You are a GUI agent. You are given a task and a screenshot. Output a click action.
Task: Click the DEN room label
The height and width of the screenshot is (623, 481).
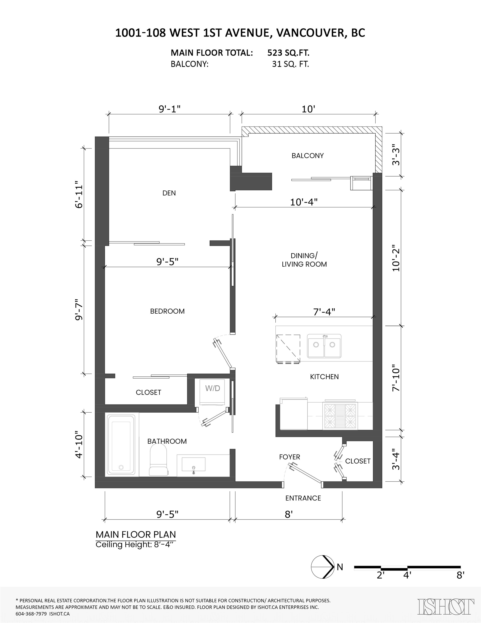click(169, 193)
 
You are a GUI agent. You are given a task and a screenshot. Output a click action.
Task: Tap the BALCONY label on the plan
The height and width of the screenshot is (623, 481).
click(308, 156)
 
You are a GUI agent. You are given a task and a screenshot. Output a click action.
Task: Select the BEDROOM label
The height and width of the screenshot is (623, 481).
click(167, 311)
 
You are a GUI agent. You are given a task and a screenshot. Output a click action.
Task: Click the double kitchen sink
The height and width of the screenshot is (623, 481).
click(324, 346)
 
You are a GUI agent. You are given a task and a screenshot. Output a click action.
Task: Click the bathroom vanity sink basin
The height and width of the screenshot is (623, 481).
click(193, 464)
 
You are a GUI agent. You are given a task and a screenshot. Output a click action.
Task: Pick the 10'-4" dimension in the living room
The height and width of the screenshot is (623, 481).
click(304, 202)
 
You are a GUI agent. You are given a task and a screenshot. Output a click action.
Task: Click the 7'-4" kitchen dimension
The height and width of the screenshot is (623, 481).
click(324, 312)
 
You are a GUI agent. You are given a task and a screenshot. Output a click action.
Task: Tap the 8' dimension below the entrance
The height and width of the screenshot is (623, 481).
click(289, 514)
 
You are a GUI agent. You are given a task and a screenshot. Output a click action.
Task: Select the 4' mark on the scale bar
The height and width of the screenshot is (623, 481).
click(407, 575)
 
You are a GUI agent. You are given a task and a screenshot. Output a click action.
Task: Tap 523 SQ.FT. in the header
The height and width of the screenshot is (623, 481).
click(288, 53)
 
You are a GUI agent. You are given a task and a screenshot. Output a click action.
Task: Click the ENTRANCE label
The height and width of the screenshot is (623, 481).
click(303, 498)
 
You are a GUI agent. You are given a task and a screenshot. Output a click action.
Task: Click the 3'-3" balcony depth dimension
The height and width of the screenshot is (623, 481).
click(396, 156)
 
